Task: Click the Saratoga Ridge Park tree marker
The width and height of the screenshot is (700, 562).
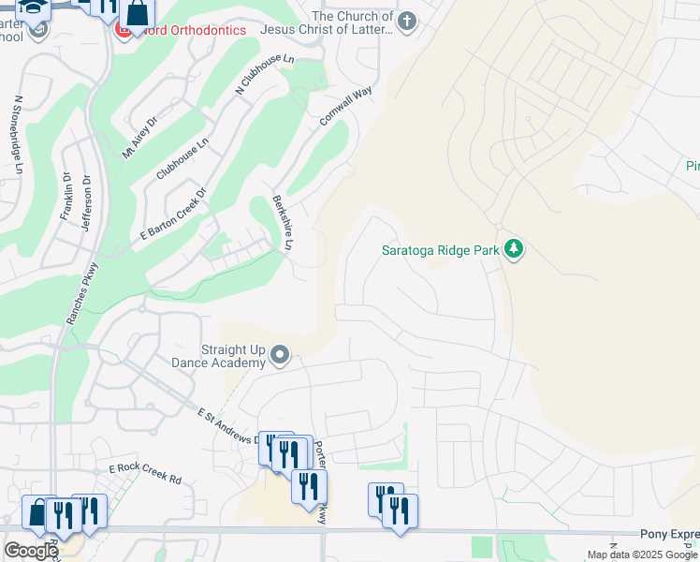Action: (x=513, y=249)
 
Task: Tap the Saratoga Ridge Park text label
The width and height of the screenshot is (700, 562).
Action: (x=441, y=250)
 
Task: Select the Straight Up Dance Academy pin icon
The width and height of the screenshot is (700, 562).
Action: (x=280, y=354)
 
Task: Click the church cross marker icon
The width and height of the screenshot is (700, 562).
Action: (x=405, y=22)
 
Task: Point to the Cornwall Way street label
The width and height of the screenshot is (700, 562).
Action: (x=345, y=106)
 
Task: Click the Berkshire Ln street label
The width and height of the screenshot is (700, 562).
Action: (x=283, y=222)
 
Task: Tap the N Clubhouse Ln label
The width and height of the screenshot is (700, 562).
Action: (x=265, y=75)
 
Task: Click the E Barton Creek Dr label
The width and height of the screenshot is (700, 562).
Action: (x=173, y=214)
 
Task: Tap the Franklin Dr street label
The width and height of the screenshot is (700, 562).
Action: (x=66, y=197)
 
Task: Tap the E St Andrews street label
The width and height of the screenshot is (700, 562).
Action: (x=227, y=425)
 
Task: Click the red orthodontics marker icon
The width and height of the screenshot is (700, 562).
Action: (x=123, y=30)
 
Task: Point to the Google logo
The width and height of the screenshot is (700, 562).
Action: (x=31, y=551)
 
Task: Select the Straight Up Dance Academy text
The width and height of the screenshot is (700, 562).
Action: (x=219, y=355)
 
